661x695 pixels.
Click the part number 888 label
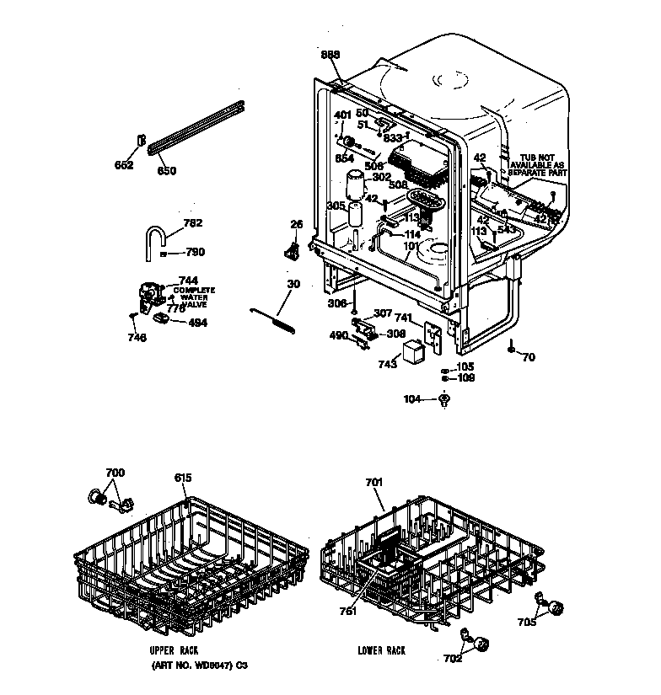coord(330,55)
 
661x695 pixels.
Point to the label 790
coord(195,252)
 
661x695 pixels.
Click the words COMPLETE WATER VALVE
coord(195,296)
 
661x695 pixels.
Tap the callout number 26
coord(295,224)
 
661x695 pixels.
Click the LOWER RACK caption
coord(381,651)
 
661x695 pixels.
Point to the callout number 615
coord(183,478)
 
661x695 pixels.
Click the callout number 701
coord(374,483)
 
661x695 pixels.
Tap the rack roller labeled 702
coord(483,644)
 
